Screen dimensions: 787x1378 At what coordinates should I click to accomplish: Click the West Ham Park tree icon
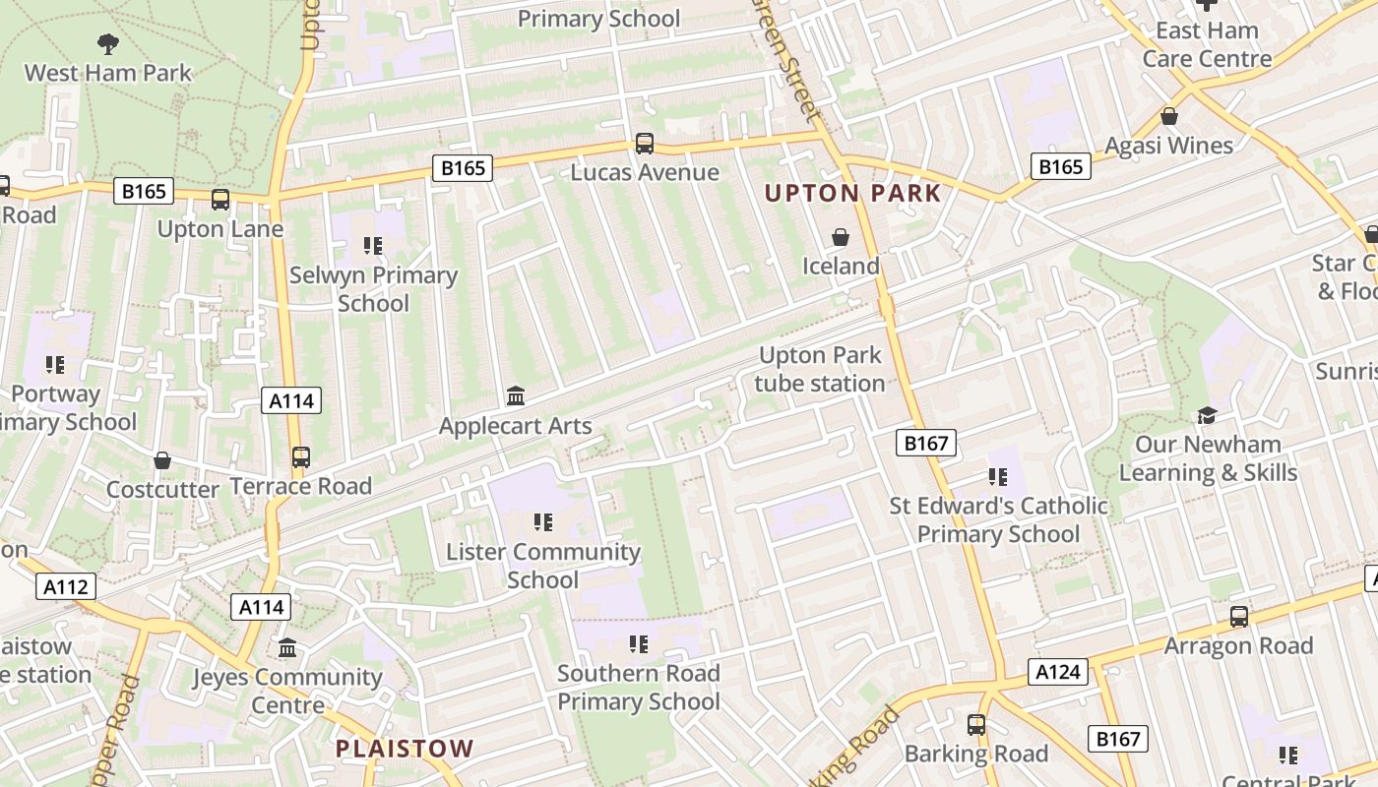(x=108, y=43)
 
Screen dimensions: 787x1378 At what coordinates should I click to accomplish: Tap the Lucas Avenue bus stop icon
(x=645, y=144)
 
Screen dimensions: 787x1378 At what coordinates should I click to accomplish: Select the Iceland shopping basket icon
(x=841, y=237)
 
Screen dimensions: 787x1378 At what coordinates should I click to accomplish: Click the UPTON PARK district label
(x=853, y=193)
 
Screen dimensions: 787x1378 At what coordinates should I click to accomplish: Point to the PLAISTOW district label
(x=405, y=749)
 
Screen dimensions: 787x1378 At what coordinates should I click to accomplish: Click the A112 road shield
(x=67, y=587)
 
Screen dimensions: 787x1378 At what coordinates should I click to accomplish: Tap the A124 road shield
(x=1059, y=673)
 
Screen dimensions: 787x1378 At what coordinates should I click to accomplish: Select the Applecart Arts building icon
(x=515, y=396)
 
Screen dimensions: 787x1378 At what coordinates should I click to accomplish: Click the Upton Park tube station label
(x=820, y=369)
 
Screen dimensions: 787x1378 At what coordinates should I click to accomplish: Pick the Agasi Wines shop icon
(x=1169, y=116)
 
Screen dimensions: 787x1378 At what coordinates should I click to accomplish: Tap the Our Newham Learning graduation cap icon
(x=1207, y=415)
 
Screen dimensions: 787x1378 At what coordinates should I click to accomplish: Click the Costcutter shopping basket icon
(x=162, y=460)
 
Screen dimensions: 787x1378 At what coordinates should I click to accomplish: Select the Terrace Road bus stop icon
(x=301, y=456)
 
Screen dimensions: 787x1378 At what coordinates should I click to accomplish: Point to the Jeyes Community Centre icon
(x=287, y=648)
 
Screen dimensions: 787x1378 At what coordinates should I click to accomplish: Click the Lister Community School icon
(x=542, y=522)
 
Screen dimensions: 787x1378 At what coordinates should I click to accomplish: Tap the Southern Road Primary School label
(x=639, y=687)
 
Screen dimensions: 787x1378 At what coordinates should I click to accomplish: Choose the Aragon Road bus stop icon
(x=1239, y=617)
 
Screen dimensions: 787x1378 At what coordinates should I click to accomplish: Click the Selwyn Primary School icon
(x=372, y=246)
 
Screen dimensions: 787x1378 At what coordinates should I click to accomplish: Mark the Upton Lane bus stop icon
(x=220, y=200)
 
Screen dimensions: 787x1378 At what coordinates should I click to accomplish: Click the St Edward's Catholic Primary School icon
(x=998, y=477)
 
